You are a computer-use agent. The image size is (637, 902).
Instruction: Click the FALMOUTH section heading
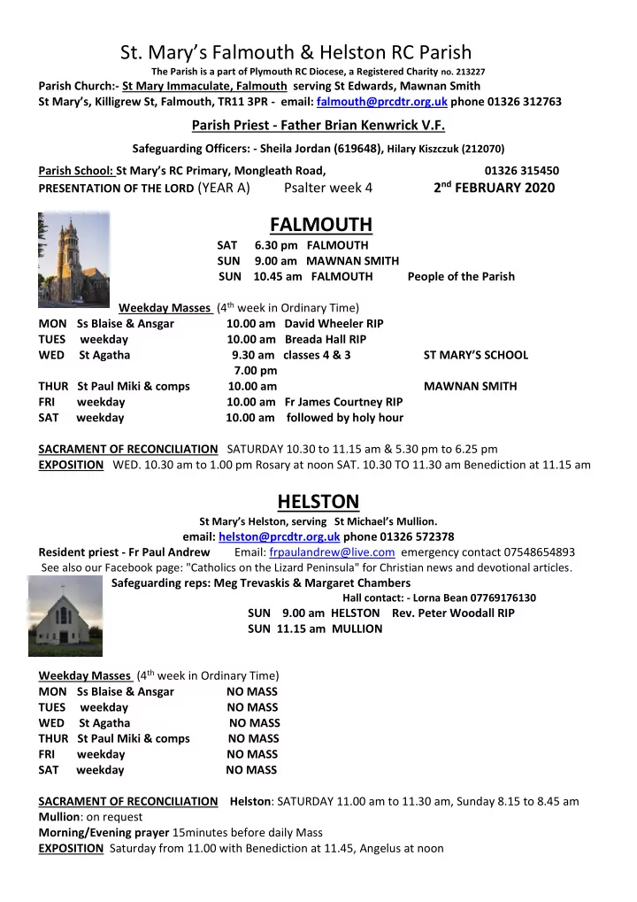318,223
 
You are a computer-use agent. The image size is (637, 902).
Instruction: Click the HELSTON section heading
318,502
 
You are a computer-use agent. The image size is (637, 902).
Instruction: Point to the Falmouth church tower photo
73,258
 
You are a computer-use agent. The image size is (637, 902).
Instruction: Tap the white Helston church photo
65,613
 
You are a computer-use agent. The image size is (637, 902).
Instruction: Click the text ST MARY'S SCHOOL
476,355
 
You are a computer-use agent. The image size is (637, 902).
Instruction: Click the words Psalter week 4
328,188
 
